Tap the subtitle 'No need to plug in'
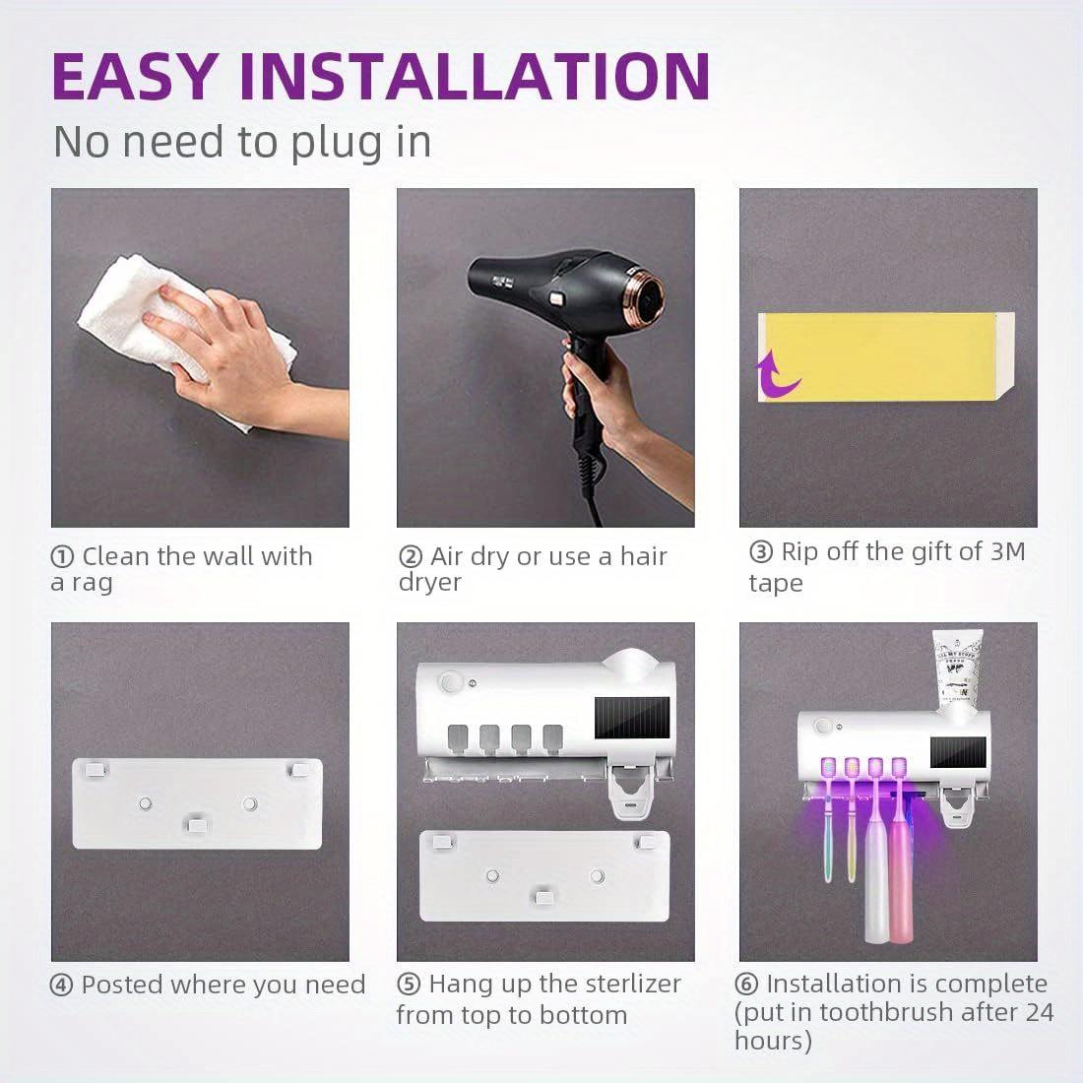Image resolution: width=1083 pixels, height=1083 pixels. (x=242, y=142)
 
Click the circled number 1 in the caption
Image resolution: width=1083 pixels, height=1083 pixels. (x=62, y=557)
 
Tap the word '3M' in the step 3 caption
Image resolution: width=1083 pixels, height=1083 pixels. (x=1007, y=551)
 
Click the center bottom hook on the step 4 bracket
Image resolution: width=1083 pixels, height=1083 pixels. (x=198, y=822)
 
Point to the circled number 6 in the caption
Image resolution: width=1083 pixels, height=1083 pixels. (x=747, y=985)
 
